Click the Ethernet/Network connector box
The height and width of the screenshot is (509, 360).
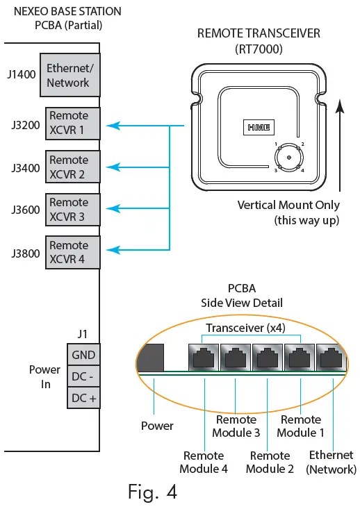69,76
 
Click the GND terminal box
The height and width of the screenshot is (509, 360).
83,355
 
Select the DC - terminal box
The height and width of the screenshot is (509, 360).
83,376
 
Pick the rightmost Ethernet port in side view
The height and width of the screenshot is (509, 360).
332,359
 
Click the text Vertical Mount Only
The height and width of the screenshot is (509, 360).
288,206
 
